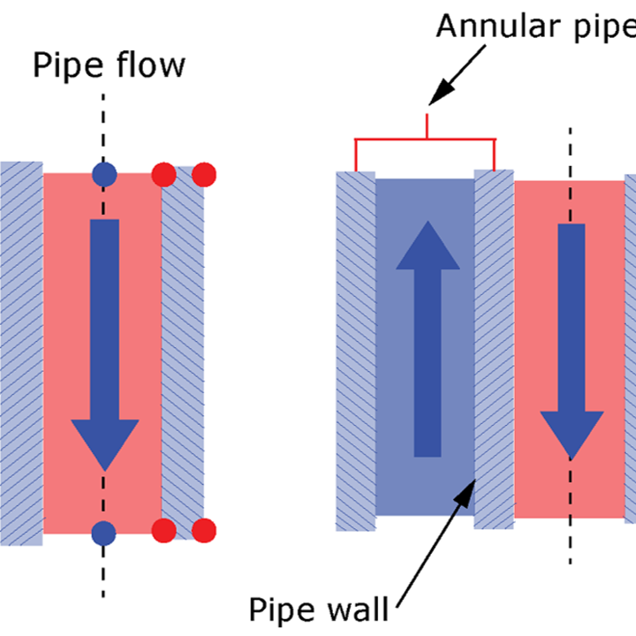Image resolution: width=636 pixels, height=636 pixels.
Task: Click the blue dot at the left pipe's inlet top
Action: click(x=104, y=174)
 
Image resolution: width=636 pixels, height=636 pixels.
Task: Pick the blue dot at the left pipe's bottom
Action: click(x=104, y=532)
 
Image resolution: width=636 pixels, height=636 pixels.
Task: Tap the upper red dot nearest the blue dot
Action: click(x=163, y=174)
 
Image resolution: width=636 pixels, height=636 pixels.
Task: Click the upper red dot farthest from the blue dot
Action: click(x=203, y=174)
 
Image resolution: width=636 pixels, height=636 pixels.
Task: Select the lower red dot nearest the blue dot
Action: click(x=163, y=531)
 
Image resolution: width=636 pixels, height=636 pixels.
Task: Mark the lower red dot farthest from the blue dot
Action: click(x=204, y=531)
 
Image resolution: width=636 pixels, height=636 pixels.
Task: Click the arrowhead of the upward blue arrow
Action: click(x=428, y=246)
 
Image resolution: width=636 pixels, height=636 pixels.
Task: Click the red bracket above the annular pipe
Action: click(x=426, y=140)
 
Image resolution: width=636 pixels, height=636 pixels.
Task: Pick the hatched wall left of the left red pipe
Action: click(x=20, y=353)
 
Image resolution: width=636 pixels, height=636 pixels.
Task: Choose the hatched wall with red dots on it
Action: click(x=183, y=353)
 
